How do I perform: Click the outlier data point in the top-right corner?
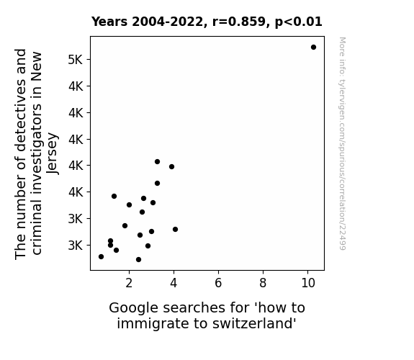pyautogui.click(x=313, y=48)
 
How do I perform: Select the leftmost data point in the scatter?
pyautogui.click(x=101, y=257)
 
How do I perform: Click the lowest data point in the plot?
pyautogui.click(x=139, y=260)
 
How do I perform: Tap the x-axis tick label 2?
pyautogui.click(x=129, y=283)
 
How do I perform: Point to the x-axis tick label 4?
pyautogui.click(x=174, y=283)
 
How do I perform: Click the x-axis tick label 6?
pyautogui.click(x=218, y=283)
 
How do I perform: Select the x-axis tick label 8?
pyautogui.click(x=263, y=283)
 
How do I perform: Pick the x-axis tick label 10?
pyautogui.click(x=308, y=283)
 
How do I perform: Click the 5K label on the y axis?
pyautogui.click(x=76, y=60)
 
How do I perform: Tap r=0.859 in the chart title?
pyautogui.click(x=239, y=22)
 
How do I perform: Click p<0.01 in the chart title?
pyautogui.click(x=299, y=22)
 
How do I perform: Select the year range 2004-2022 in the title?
pyautogui.click(x=167, y=22)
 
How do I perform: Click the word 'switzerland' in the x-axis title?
pyautogui.click(x=254, y=323)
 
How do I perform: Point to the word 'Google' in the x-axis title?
pyautogui.click(x=134, y=308)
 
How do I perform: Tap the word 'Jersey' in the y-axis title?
pyautogui.click(x=52, y=153)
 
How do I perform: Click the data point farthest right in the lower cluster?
pyautogui.click(x=175, y=229)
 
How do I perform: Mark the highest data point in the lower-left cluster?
pyautogui.click(x=158, y=162)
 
